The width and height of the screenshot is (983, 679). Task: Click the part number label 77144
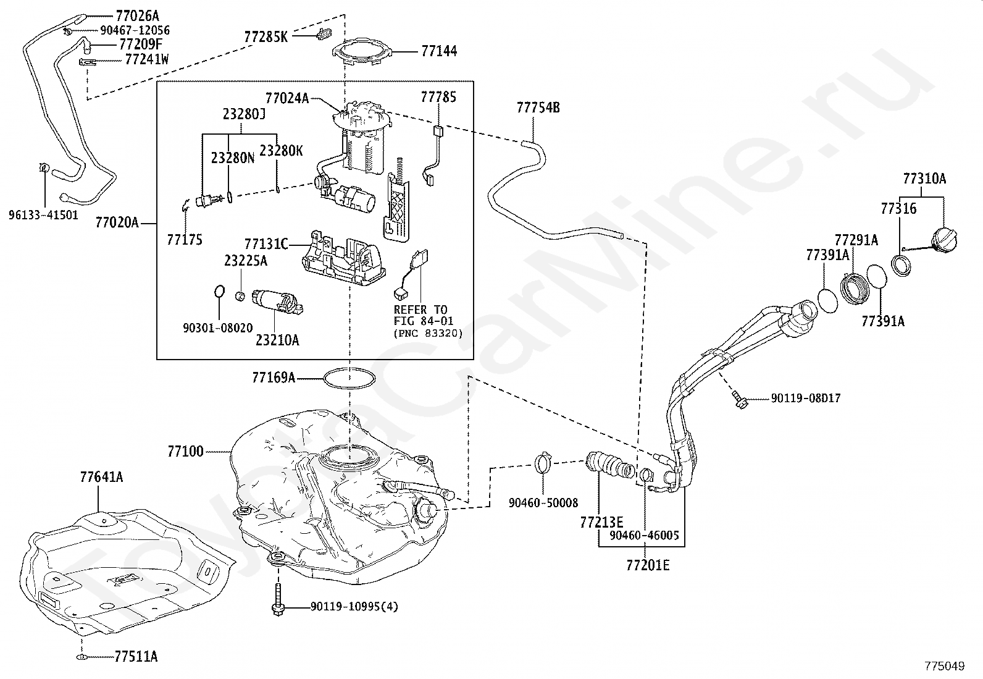(x=439, y=51)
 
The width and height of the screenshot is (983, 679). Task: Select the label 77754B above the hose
(x=538, y=108)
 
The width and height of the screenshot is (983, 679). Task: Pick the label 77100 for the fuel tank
(x=186, y=452)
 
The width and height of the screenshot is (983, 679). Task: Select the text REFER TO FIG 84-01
(x=423, y=315)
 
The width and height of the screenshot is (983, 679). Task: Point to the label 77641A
(x=101, y=477)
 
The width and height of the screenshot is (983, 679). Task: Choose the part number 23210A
(x=277, y=340)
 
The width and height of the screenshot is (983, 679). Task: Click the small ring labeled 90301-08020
(x=219, y=292)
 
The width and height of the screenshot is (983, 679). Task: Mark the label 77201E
(x=648, y=565)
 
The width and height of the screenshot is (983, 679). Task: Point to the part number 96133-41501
(x=43, y=215)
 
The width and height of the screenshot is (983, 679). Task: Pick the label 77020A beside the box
(x=117, y=222)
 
